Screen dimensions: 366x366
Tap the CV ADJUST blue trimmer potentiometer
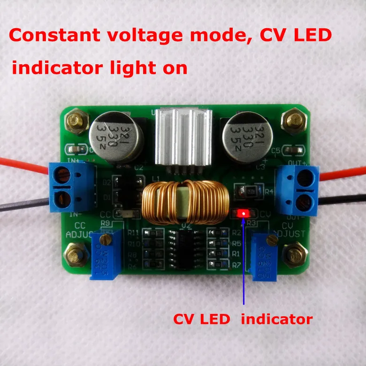[268, 256]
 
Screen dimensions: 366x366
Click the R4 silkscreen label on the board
[269, 192]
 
